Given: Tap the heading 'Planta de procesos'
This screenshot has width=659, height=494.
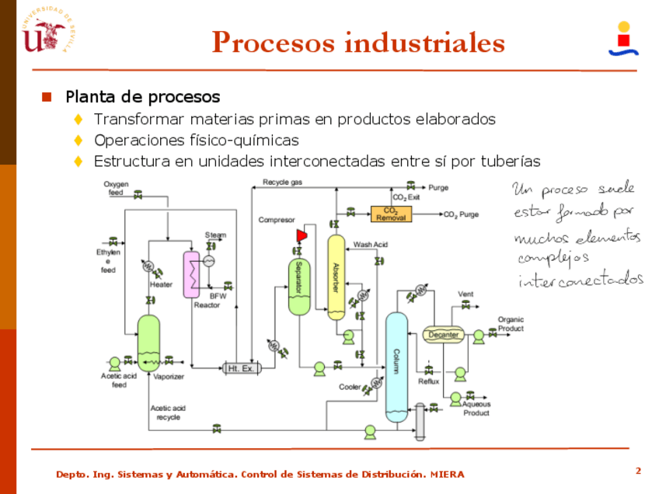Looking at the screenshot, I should (142, 97).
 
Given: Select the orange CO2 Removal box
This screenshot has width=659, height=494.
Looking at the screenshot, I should (392, 214).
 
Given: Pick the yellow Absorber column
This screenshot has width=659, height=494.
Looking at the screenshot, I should (336, 277).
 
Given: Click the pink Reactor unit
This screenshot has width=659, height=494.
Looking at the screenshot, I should (191, 273).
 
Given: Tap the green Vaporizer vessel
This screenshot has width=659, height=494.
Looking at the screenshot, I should (148, 342).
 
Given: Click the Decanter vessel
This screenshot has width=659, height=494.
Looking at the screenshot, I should (444, 335).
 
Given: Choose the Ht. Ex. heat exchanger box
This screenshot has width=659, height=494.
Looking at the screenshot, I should (240, 368).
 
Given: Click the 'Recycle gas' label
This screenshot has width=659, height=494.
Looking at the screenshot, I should (282, 183).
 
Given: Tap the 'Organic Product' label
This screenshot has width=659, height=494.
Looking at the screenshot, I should (511, 324).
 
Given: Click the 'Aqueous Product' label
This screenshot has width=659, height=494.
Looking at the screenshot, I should (476, 409).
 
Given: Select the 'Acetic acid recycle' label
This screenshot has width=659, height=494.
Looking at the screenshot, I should (168, 412).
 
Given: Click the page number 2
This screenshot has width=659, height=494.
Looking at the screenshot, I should (638, 471).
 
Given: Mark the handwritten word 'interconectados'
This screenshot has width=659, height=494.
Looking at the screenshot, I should (581, 278).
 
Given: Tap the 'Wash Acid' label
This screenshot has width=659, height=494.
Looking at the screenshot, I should (371, 245).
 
